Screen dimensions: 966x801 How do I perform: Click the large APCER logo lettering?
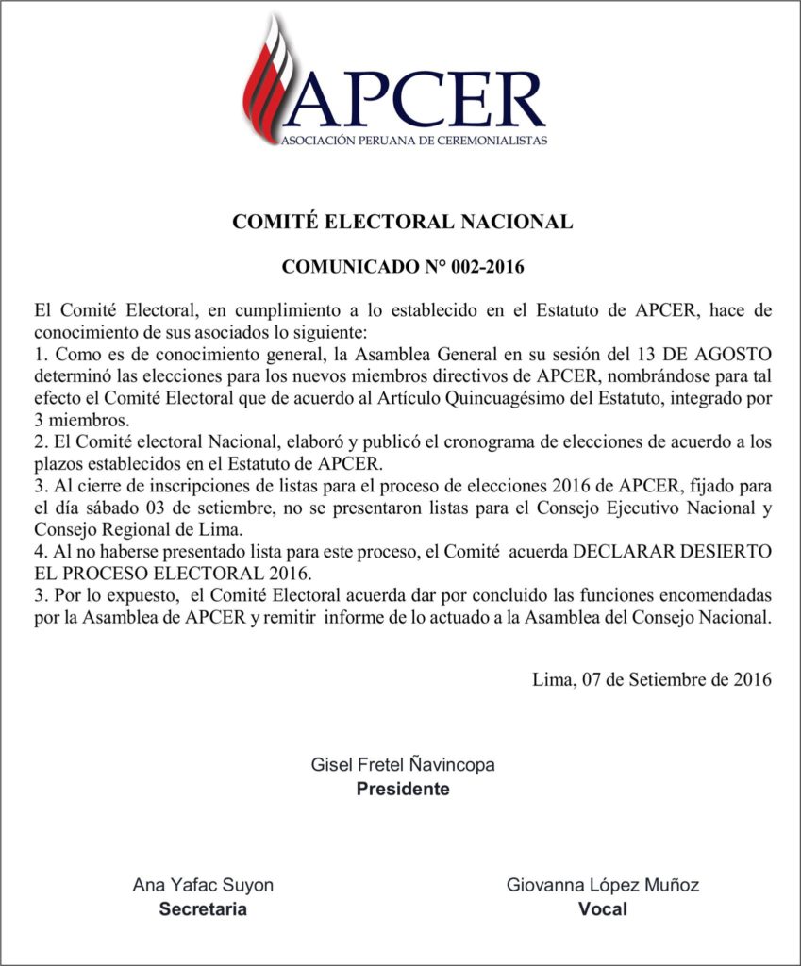(x=415, y=99)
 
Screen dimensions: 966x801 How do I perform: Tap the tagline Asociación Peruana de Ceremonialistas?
(x=413, y=141)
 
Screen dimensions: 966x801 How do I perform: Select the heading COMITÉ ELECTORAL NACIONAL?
(x=403, y=223)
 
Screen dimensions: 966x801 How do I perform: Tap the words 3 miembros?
(x=79, y=419)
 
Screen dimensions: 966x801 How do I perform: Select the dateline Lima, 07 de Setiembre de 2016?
(x=652, y=678)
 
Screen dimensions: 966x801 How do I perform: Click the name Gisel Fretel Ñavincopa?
(x=403, y=765)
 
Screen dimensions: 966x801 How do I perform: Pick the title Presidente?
(x=403, y=789)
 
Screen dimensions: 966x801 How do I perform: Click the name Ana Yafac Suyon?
(x=203, y=886)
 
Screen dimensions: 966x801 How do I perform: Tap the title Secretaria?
(x=203, y=909)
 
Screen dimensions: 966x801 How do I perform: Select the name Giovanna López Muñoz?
(x=603, y=886)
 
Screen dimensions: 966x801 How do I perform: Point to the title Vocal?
(x=602, y=909)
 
